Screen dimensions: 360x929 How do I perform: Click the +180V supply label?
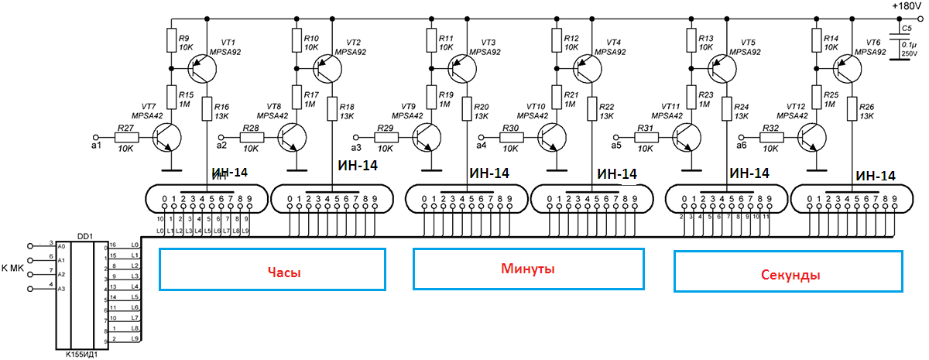906,6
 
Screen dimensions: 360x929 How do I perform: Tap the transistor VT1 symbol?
202,69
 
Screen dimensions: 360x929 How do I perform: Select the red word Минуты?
529,269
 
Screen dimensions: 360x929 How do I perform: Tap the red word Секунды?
789,275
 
